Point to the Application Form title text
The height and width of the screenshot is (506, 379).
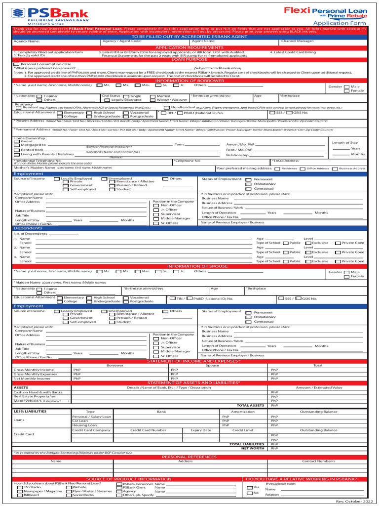(340, 23)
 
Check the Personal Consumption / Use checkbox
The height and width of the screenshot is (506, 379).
(17, 64)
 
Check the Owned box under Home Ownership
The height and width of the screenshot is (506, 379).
(17, 141)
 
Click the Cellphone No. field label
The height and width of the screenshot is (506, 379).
(188, 161)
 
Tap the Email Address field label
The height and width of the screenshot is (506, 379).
(286, 161)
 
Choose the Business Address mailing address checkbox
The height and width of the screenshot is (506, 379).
(334, 169)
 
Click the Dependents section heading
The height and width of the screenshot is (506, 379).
(28, 228)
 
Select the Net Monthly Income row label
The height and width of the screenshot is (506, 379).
(32, 379)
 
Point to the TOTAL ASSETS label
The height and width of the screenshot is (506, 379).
(251, 406)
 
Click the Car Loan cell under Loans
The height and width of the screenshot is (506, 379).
(80, 421)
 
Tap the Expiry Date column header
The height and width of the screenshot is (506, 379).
(200, 430)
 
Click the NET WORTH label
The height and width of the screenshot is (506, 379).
(253, 449)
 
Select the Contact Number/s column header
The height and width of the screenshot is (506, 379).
(318, 461)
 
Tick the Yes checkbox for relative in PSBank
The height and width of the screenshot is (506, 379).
(249, 487)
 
